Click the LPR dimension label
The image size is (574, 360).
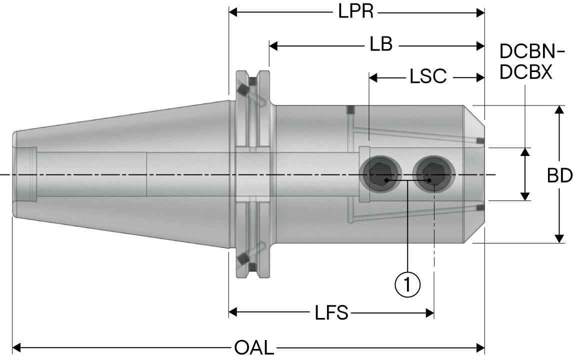point(356,12)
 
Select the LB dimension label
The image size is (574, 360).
point(381,45)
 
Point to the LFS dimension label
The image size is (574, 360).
point(331,313)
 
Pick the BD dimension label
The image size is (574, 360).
point(559,175)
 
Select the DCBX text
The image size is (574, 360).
point(526,72)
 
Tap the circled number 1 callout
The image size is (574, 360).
point(407,284)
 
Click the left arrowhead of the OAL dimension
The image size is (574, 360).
point(17,346)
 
